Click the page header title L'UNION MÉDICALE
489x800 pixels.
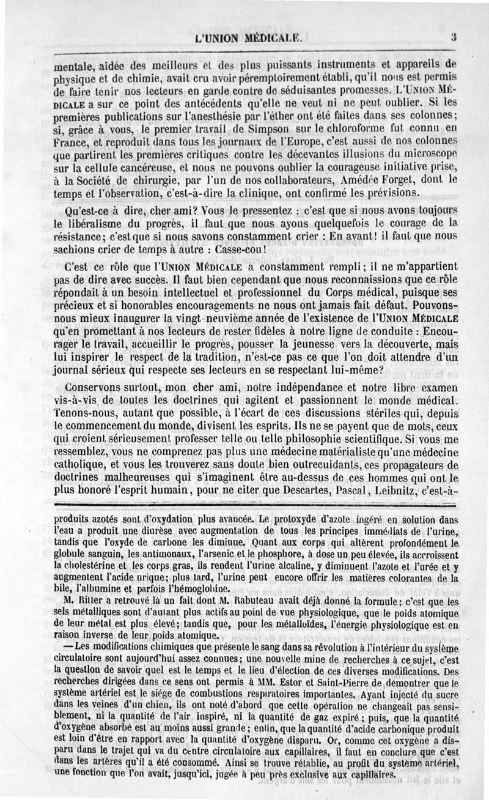(x=248, y=39)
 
